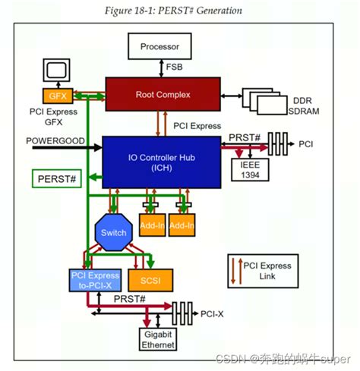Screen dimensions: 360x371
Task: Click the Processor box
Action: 159,46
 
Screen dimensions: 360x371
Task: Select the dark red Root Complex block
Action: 163,94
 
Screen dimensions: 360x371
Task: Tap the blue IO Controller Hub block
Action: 162,162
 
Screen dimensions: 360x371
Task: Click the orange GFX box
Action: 58,96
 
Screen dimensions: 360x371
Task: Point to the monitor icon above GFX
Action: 56,70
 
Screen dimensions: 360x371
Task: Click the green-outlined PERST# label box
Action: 57,179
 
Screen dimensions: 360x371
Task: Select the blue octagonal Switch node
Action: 114,232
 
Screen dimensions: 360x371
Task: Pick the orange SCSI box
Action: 150,280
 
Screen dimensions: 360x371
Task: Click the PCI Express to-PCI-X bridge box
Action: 95,280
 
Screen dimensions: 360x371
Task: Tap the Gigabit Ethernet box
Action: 158,339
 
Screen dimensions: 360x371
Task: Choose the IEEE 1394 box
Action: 250,170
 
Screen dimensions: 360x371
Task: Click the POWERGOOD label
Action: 55,141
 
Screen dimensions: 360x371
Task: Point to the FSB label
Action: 174,67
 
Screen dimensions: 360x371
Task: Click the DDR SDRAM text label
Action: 303,105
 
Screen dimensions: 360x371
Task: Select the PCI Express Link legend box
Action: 263,271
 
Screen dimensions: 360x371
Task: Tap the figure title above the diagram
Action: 173,11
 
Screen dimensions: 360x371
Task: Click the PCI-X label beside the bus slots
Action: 212,314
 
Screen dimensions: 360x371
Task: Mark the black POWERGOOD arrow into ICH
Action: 68,147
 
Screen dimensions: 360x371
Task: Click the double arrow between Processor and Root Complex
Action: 161,68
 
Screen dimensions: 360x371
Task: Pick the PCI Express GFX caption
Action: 53,117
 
